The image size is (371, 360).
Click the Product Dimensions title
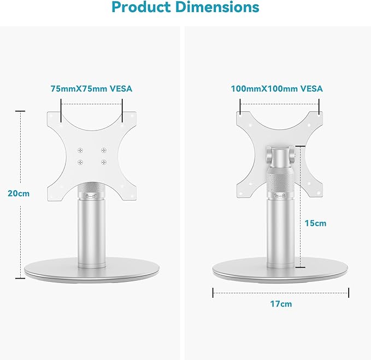[185, 8]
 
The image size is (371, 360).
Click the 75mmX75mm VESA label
[91, 88]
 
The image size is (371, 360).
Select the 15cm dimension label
[316, 223]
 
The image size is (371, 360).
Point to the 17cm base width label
[281, 304]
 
